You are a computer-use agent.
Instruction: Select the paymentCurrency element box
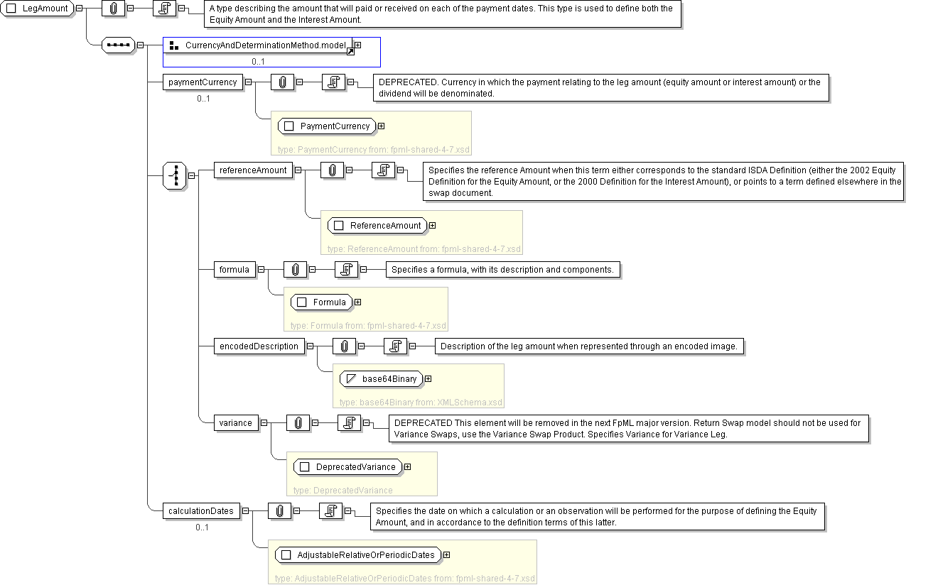coord(203,82)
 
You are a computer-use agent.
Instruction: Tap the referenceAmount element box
coord(253,170)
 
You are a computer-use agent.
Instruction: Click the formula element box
coord(234,270)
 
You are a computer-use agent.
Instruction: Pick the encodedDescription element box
coord(259,346)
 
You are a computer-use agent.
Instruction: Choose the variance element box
coord(235,423)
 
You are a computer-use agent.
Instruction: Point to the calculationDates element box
coord(200,511)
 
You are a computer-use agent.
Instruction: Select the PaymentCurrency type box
coord(328,126)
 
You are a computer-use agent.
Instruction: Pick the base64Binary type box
coord(382,379)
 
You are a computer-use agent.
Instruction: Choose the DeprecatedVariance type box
coord(348,467)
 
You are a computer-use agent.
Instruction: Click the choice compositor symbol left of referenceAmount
coord(175,175)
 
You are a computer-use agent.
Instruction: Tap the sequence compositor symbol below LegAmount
coord(119,45)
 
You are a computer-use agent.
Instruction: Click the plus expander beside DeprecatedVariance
coord(407,467)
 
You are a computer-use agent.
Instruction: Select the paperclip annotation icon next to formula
coord(295,270)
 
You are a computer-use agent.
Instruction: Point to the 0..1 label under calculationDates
coord(202,527)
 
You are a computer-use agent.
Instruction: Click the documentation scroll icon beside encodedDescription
coord(394,346)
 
